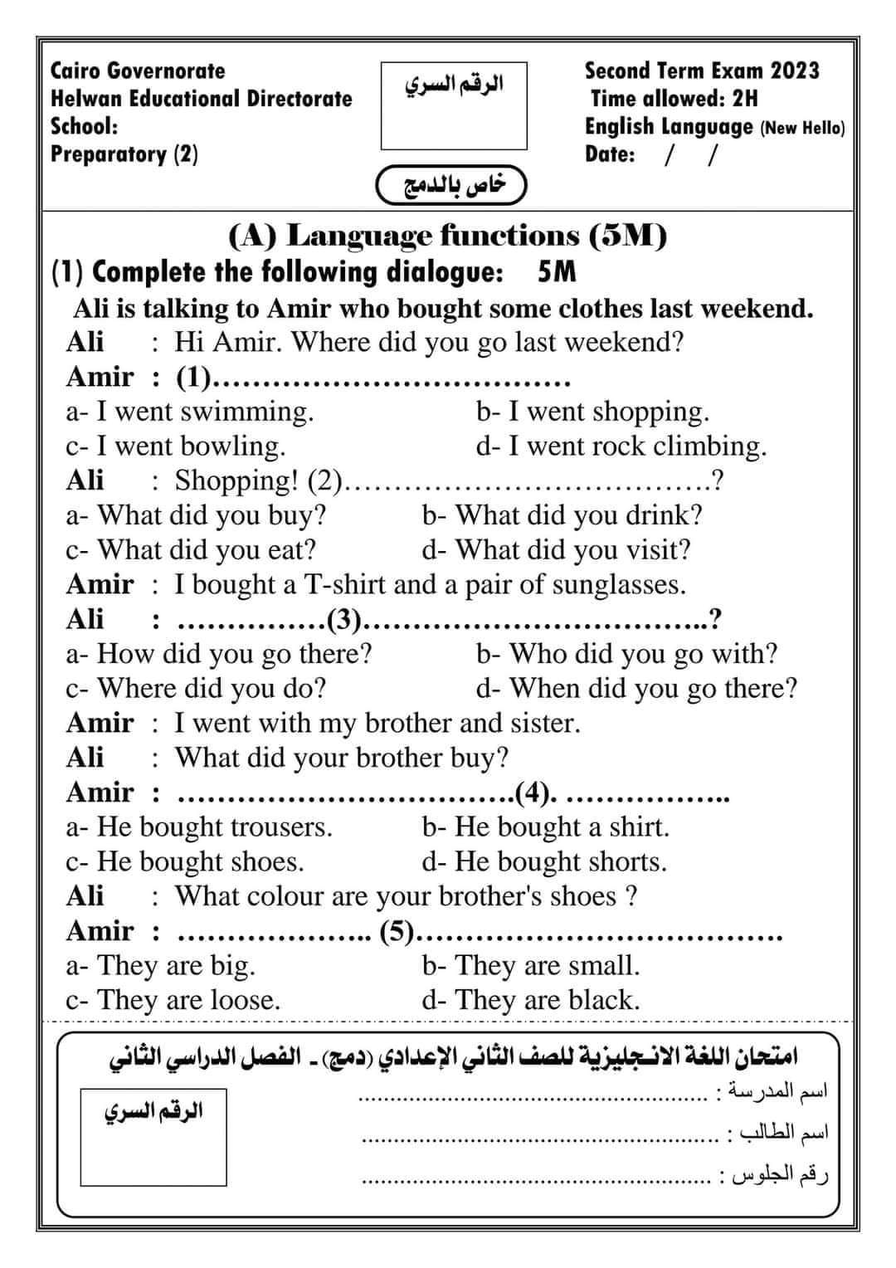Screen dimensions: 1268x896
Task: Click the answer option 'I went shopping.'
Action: (x=592, y=412)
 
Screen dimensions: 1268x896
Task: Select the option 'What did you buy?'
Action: (x=197, y=515)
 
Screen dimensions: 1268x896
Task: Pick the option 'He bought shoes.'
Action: (x=185, y=861)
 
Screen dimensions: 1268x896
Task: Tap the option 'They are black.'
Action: (x=531, y=1000)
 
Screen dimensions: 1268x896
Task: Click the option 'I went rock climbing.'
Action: (x=621, y=446)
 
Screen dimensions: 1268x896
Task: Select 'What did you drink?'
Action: (x=562, y=515)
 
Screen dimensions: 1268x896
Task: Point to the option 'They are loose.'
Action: (x=173, y=1000)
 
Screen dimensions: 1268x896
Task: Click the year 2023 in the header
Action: (x=794, y=71)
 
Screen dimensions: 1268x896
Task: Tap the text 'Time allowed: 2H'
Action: (x=674, y=99)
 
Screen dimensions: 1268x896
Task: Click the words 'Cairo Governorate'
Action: (x=138, y=71)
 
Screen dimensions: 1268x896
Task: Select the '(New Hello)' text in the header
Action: (x=802, y=129)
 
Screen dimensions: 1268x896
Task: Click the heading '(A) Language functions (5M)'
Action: (x=447, y=237)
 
